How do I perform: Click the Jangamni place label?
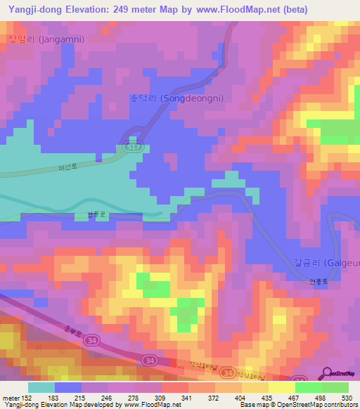point(44,39)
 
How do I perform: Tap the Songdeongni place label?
point(177,98)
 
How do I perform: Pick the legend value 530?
point(346,397)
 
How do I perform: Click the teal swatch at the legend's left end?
point(41,387)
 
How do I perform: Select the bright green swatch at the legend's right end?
point(335,387)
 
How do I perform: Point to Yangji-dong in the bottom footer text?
point(21,405)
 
